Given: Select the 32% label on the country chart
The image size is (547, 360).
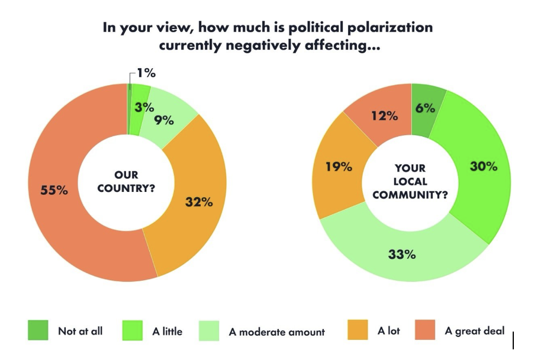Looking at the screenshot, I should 199,202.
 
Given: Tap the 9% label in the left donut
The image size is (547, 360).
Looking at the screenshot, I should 164,120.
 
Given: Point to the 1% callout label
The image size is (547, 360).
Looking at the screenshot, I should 146,73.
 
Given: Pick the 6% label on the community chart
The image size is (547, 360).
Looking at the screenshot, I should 425,108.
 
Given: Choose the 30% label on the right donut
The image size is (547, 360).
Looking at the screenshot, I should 484,166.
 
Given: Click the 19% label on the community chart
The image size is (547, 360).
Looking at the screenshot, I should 339,167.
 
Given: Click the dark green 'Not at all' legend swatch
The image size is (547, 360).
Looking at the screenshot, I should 38,330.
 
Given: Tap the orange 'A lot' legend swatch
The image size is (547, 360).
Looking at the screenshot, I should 357,330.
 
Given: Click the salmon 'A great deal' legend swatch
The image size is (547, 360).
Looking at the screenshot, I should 424,330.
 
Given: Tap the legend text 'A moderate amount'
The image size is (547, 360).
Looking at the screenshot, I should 277,332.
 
